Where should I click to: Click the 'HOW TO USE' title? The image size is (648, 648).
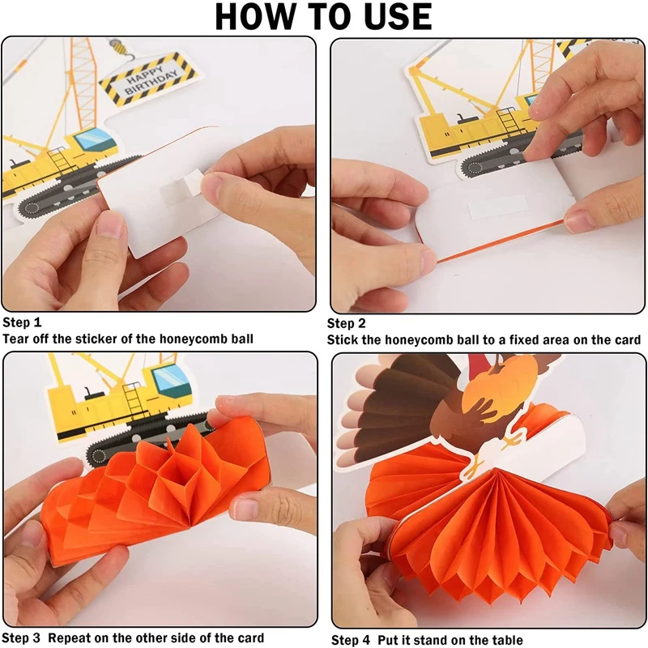click(324, 17)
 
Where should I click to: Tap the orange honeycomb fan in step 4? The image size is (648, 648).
click(486, 535)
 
